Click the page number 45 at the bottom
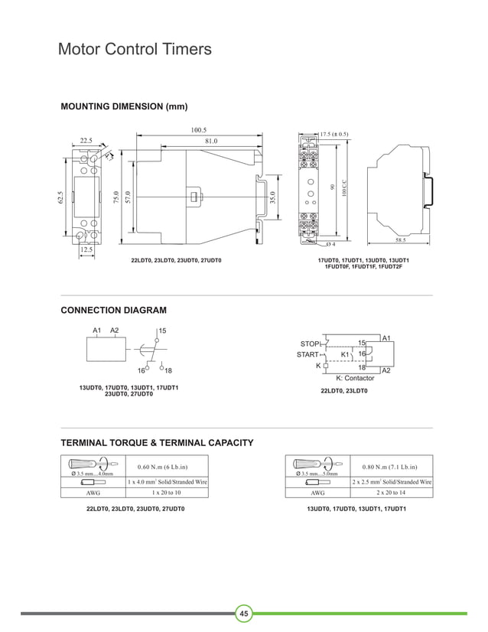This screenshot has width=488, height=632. click(x=244, y=614)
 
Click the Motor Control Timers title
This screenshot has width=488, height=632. click(x=135, y=50)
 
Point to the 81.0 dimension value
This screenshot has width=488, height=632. click(x=211, y=141)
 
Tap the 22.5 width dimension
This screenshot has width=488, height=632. click(x=86, y=141)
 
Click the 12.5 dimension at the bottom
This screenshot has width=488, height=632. click(x=86, y=249)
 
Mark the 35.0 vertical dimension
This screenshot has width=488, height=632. click(x=272, y=197)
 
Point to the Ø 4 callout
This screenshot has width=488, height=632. click(x=330, y=244)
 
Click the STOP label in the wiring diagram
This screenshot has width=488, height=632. click(x=311, y=344)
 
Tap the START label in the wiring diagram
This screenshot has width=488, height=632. click(x=308, y=355)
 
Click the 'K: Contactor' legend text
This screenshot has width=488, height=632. click(x=355, y=378)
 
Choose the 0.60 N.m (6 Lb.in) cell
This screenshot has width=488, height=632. click(x=162, y=467)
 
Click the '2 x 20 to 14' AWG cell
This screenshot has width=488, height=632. click(x=391, y=494)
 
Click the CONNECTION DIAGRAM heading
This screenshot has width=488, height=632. click(x=113, y=310)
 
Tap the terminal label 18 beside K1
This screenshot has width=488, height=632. click(x=363, y=367)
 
